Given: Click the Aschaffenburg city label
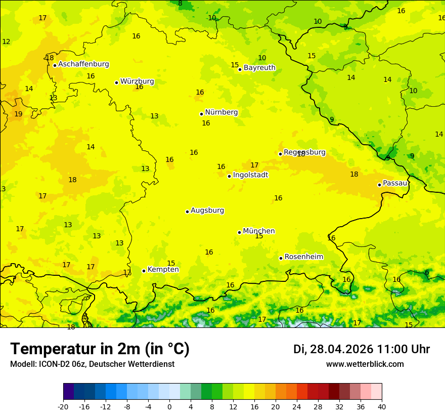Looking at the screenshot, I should (x=83, y=64).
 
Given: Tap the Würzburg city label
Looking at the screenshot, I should (x=137, y=81).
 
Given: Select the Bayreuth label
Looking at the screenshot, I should (x=259, y=68).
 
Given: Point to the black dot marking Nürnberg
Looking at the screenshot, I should (x=201, y=114).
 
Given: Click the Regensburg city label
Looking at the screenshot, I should (x=304, y=152).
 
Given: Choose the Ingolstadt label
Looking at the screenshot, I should (x=250, y=175).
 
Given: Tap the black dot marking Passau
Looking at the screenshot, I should (x=379, y=185).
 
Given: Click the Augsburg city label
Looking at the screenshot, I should (x=207, y=211).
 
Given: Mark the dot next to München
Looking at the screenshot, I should (x=240, y=232).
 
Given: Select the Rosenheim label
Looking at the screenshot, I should (x=303, y=257).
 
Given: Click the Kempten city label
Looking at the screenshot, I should (x=163, y=270).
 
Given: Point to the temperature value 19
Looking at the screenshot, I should (x=18, y=114).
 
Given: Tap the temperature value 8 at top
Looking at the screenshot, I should (x=180, y=4).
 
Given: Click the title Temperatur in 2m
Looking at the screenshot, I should (x=100, y=349).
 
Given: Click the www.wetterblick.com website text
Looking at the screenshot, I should (x=365, y=364).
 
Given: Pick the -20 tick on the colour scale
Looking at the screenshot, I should (x=63, y=406).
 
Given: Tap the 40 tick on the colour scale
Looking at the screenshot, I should (x=382, y=406).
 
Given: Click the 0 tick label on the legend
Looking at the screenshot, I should (x=169, y=406).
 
